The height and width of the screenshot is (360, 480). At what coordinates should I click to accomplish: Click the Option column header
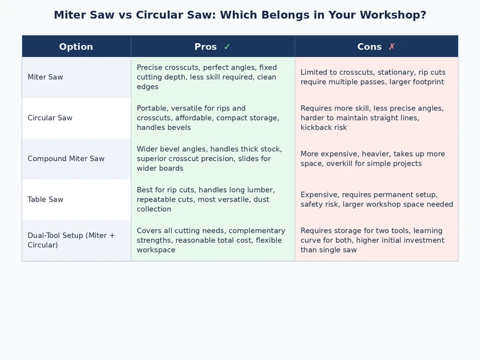click(x=76, y=47)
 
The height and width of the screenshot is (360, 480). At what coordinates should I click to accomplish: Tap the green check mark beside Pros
click(x=227, y=47)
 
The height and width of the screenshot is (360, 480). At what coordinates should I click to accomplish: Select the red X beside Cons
click(x=392, y=47)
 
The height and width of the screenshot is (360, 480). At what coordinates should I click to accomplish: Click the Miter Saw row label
click(x=46, y=77)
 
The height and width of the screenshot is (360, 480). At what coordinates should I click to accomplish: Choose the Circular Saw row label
click(x=50, y=118)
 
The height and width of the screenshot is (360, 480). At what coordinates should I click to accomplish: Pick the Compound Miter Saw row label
click(x=66, y=159)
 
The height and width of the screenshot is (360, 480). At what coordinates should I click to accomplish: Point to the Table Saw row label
click(x=46, y=200)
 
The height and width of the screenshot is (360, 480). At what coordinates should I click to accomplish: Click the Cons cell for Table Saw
click(x=376, y=200)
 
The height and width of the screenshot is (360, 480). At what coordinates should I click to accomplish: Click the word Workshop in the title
click(x=391, y=15)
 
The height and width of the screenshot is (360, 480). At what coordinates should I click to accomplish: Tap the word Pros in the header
click(x=206, y=47)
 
